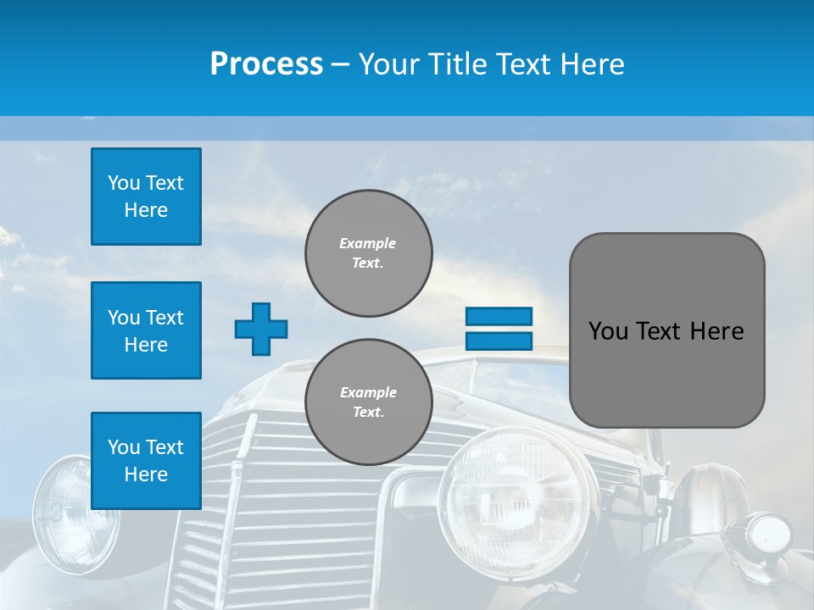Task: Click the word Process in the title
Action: pos(266,64)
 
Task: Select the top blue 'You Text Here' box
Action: pos(146,197)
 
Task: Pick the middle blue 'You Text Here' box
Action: pos(146,330)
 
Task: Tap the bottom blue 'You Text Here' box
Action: pos(146,460)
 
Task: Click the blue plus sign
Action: pos(260,329)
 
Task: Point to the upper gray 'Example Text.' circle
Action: pos(368,252)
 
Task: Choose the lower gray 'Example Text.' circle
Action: pos(368,402)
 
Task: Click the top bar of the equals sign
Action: pos(499,316)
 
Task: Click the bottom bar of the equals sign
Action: pos(499,341)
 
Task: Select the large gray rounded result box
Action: pos(666,330)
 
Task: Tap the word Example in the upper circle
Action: pos(368,243)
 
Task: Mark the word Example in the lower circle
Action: pos(368,392)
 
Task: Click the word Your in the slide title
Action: pos(387,64)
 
